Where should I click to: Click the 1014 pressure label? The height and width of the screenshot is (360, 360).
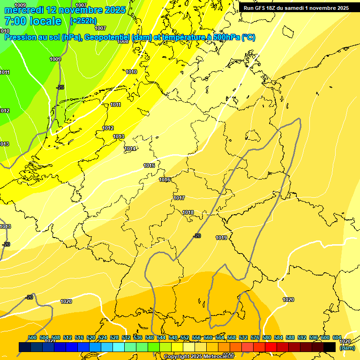click(x=130, y=149)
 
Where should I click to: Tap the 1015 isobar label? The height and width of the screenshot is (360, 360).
click(x=149, y=166)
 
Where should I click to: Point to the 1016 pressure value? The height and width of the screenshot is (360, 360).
click(x=165, y=180)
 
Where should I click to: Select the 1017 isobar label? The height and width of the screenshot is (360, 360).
click(x=179, y=198)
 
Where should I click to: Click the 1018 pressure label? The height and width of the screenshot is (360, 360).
click(x=188, y=213)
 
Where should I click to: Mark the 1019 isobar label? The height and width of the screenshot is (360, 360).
click(x=221, y=238)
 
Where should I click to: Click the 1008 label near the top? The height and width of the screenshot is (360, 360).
click(x=123, y=42)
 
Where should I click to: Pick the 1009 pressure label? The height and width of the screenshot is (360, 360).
click(x=55, y=59)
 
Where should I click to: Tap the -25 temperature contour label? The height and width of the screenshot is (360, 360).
click(x=60, y=88)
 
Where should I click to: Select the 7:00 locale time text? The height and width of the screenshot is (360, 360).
click(x=33, y=21)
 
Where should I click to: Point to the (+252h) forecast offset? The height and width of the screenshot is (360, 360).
click(x=83, y=21)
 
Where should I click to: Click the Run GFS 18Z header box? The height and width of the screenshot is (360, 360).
click(x=296, y=8)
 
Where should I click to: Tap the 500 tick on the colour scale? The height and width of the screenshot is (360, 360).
click(x=32, y=337)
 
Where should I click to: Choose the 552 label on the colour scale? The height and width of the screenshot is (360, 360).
click(x=185, y=337)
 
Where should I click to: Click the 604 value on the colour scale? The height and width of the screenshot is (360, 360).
click(x=337, y=337)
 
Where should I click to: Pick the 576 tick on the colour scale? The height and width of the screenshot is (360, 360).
click(x=255, y=337)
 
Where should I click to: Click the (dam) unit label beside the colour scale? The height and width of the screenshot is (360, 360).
click(x=347, y=348)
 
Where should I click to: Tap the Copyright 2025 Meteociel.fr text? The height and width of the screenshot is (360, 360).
click(x=199, y=357)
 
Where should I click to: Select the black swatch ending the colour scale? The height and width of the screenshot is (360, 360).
click(x=330, y=347)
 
